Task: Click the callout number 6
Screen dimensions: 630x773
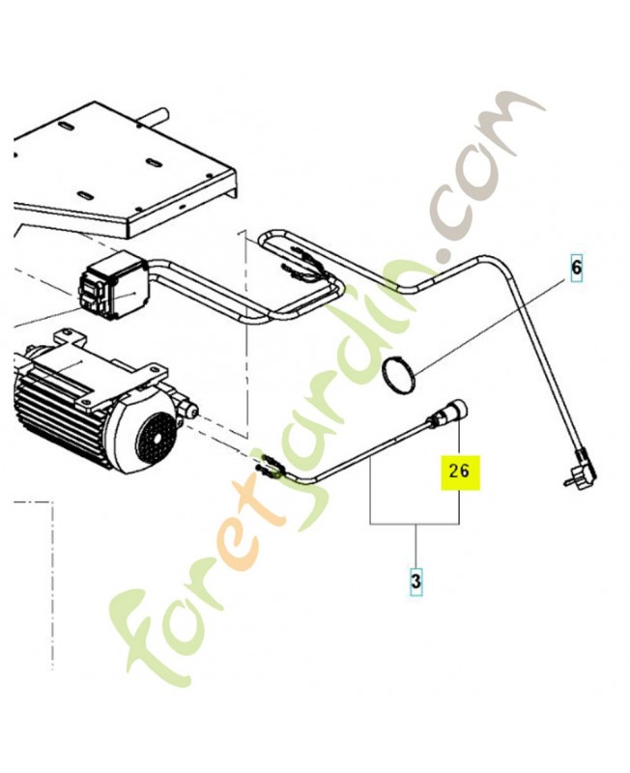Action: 576,268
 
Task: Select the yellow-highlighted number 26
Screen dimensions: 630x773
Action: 459,472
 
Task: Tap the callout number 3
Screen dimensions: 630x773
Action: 416,582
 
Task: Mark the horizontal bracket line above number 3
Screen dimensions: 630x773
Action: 415,524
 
